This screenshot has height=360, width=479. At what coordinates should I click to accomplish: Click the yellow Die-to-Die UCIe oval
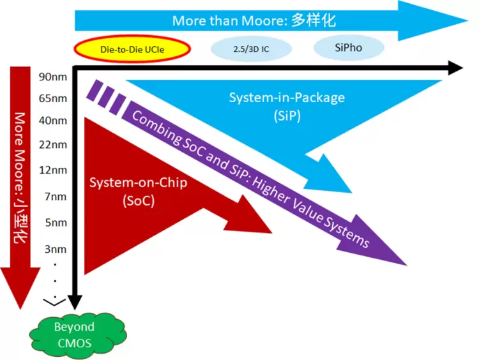[x=132, y=49]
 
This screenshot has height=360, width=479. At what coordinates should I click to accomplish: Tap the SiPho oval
[x=349, y=47]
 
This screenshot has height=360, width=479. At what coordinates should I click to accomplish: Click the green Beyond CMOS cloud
[x=73, y=334]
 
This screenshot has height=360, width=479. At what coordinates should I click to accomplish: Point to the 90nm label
[x=53, y=77]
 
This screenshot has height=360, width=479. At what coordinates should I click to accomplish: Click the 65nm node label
[x=53, y=98]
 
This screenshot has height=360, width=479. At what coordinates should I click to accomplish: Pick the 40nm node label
[x=53, y=121]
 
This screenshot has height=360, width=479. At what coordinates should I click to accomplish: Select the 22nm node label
[x=53, y=145]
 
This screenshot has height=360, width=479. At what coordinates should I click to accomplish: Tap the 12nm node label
[x=53, y=170]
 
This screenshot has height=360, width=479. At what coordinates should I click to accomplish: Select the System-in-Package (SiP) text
[x=287, y=107]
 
